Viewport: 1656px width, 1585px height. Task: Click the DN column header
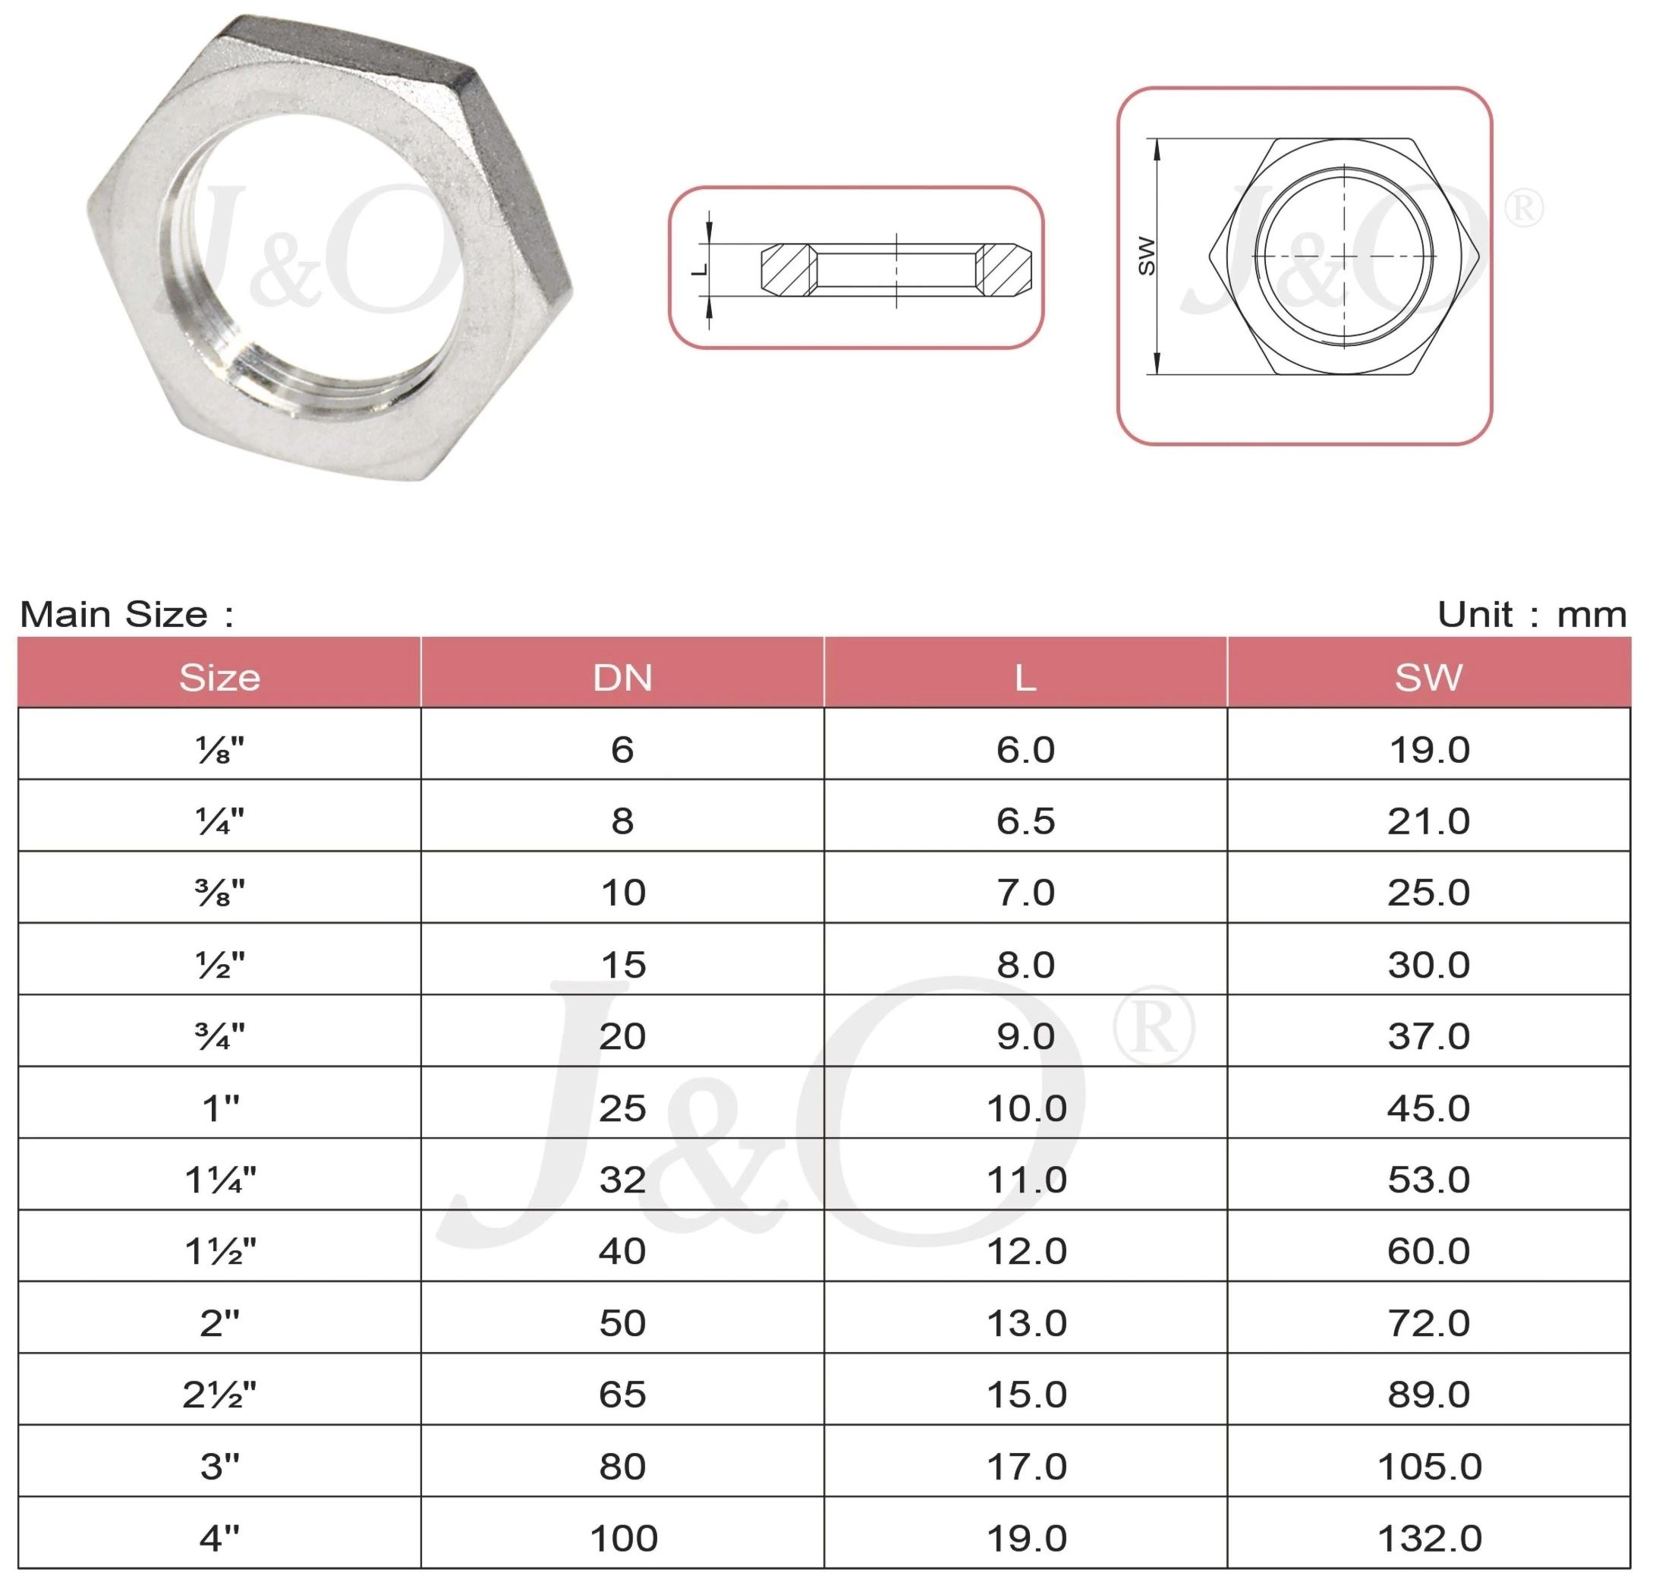[x=622, y=678]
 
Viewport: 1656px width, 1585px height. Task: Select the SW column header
[x=1429, y=678]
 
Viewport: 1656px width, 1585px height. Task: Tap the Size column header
[x=219, y=678]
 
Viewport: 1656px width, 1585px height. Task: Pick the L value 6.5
[x=1026, y=821]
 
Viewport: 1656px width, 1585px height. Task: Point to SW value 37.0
[x=1429, y=1037]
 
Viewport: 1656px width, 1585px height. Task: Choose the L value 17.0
[x=1026, y=1467]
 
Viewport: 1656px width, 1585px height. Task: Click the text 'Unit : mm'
[x=1532, y=614]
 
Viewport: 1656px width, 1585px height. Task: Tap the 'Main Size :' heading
[x=127, y=614]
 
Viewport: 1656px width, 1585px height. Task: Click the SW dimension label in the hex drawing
[x=1147, y=255]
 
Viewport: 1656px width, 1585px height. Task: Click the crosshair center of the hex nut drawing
[x=1344, y=255]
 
